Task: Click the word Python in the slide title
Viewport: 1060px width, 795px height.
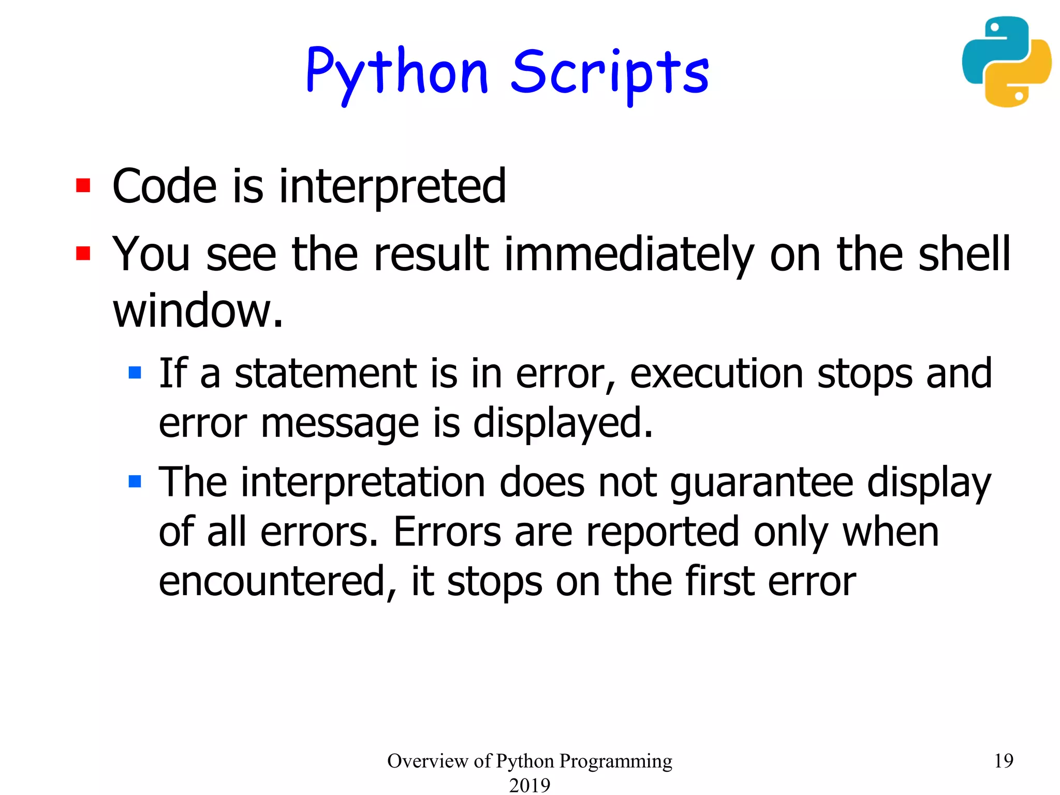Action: click(x=397, y=72)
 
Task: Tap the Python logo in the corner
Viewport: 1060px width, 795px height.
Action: click(x=1006, y=62)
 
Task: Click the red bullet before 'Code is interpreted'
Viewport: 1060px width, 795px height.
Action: click(x=83, y=185)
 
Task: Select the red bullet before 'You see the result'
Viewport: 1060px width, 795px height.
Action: click(x=83, y=253)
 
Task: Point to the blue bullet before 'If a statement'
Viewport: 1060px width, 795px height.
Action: click(x=135, y=373)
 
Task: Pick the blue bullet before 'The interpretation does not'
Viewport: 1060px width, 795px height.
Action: click(x=135, y=481)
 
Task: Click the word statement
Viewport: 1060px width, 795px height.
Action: click(x=326, y=374)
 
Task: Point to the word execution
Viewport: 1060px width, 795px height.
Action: click(x=716, y=374)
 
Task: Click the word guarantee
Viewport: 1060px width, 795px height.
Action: click(x=761, y=483)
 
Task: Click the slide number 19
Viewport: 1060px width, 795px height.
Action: click(x=1004, y=760)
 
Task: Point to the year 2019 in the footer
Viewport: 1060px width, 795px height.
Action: click(x=529, y=785)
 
